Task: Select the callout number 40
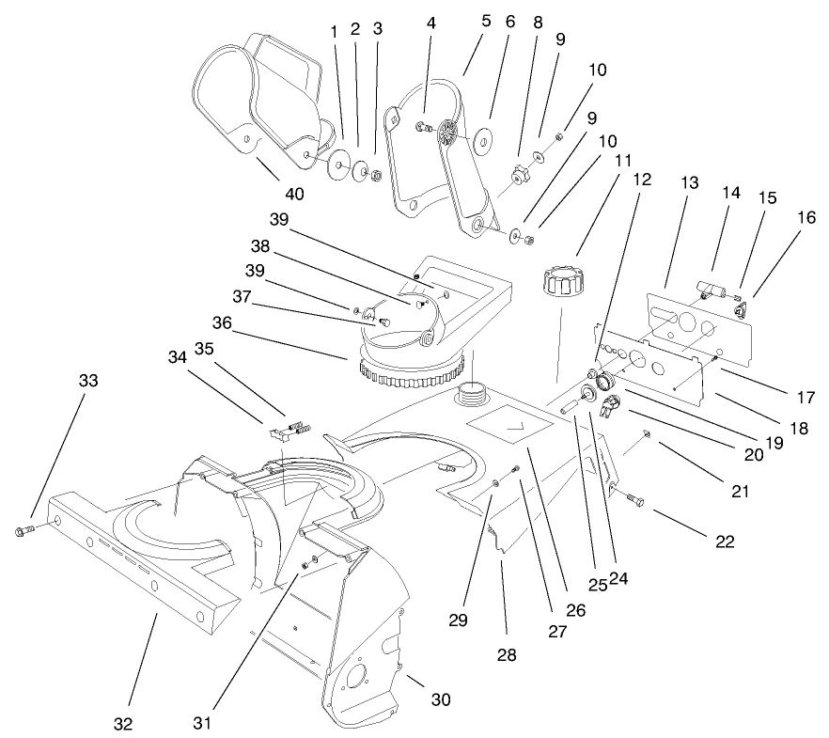296,195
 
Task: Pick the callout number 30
441,699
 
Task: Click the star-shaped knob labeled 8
519,173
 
